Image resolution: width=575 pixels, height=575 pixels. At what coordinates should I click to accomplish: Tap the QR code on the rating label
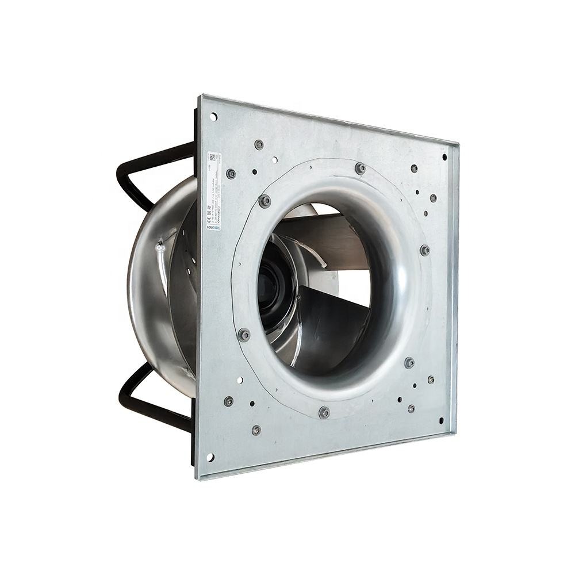point(213,157)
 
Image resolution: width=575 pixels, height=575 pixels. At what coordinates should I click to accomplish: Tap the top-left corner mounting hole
point(213,117)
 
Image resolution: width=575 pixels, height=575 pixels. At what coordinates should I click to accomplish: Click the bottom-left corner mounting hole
point(210,457)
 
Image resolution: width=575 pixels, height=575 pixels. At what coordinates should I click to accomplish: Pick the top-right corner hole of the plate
point(444,156)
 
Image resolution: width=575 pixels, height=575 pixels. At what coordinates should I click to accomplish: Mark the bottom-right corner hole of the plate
point(442,420)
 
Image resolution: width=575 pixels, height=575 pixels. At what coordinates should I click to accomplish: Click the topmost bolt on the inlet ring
point(360,168)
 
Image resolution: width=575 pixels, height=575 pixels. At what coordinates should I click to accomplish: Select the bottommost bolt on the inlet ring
point(324,412)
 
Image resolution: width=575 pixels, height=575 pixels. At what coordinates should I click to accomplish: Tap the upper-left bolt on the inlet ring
point(264,201)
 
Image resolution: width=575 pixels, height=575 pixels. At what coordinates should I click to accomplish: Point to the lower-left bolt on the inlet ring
point(244,335)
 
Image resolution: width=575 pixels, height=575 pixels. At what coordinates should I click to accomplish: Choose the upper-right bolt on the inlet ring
point(425,250)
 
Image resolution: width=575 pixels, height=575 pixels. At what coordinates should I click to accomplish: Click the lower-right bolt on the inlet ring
point(409,362)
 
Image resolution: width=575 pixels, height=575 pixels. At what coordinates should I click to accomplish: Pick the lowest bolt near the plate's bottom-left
point(256,430)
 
